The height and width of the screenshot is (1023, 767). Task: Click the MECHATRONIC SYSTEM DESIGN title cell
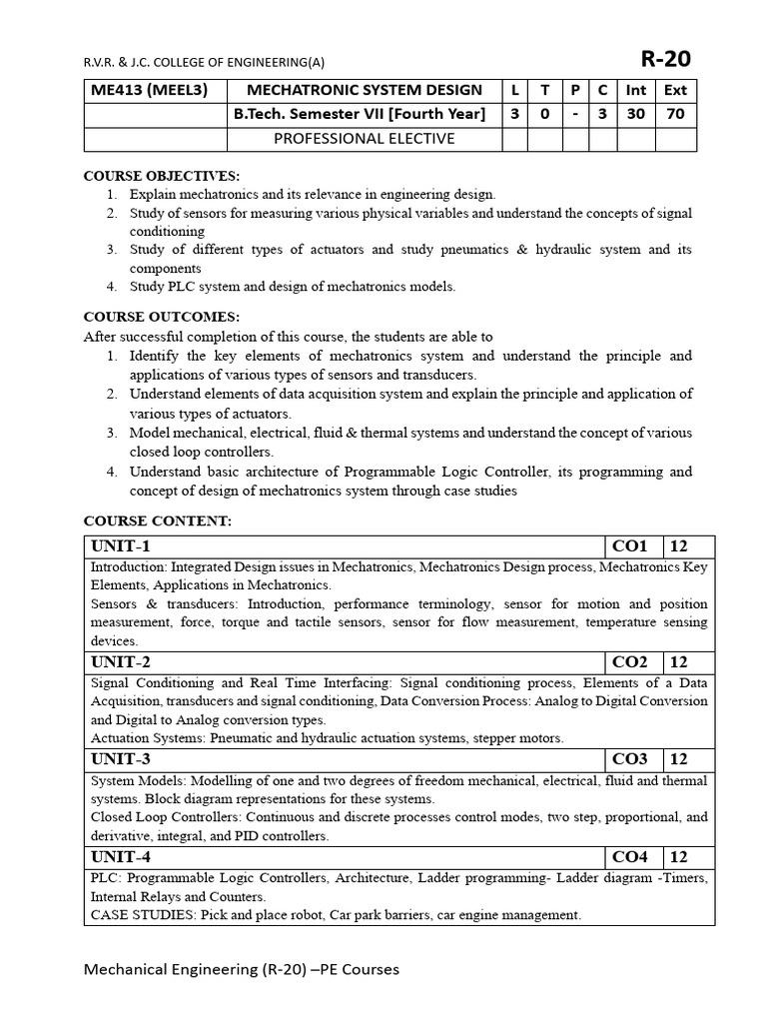[x=365, y=90]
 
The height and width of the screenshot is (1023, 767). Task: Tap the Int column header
[x=635, y=90]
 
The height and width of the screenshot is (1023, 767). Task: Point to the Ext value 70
[x=675, y=114]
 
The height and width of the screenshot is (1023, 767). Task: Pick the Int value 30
[x=635, y=114]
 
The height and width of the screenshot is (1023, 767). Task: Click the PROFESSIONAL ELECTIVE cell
[x=365, y=138]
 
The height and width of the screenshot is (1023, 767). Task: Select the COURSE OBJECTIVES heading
[x=161, y=176]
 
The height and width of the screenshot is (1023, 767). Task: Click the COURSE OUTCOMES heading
[x=161, y=318]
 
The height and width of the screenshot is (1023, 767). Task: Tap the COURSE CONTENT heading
[x=157, y=520]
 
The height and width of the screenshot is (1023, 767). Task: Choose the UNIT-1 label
[x=121, y=546]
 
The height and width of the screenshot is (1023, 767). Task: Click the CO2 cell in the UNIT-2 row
[x=630, y=662]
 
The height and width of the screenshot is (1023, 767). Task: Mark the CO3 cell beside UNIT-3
[x=630, y=759]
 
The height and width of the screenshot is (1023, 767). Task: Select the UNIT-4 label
[x=121, y=857]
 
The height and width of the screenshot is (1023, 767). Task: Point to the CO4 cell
[x=630, y=857]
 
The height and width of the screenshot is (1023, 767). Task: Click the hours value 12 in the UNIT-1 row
[x=679, y=546]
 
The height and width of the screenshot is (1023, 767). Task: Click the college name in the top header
[x=204, y=60]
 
